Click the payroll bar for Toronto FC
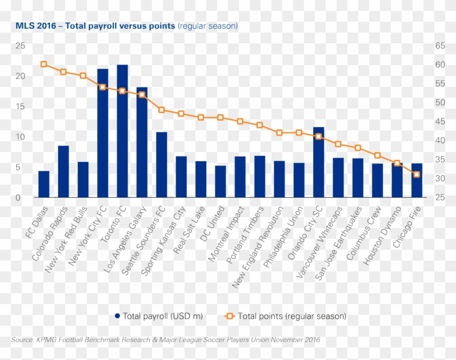[x=122, y=131]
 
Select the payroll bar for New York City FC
[x=103, y=133]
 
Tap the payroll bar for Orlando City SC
[x=319, y=162]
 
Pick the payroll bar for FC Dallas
[x=43, y=184]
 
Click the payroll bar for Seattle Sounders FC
[x=161, y=165]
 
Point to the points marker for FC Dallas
[x=43, y=64]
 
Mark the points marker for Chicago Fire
[x=416, y=174]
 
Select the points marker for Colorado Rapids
[x=64, y=72]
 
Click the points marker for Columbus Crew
[x=377, y=155]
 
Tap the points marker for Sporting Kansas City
[x=181, y=113]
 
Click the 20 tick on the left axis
[x=21, y=76]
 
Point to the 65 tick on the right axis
[x=440, y=46]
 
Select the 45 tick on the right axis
[x=440, y=122]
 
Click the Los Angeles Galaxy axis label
[x=125, y=239]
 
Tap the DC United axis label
[x=212, y=224]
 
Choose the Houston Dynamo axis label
[x=382, y=235]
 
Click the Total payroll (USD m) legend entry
[x=159, y=316]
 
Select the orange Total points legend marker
[x=230, y=316]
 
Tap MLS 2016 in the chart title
[x=36, y=26]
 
